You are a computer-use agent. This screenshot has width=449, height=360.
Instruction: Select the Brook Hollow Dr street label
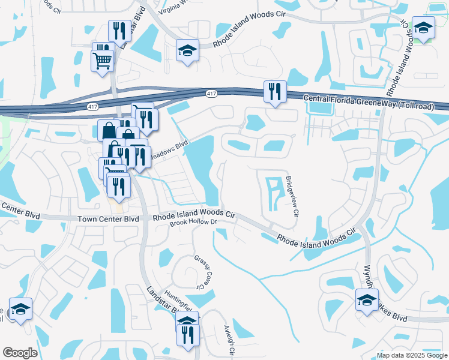click(192, 223)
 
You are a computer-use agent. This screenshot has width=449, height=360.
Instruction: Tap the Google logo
click(20, 353)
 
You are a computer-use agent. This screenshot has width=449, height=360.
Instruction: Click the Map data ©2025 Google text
click(411, 355)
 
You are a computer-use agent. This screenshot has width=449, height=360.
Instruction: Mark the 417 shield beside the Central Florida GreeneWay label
click(211, 94)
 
